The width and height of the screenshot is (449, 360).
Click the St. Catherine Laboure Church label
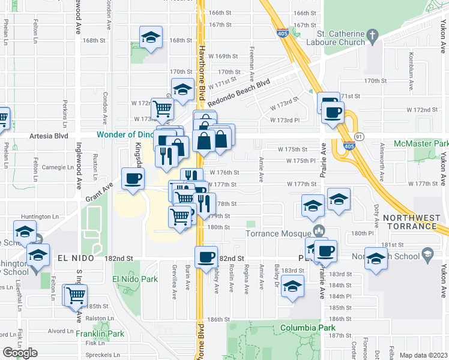point(340,37)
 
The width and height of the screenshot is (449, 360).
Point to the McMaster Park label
point(421,144)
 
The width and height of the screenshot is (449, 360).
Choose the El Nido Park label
point(134,279)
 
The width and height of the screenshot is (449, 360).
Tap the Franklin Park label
point(104,334)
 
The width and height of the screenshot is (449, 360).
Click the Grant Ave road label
point(100,191)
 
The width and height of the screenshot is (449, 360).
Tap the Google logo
point(20,353)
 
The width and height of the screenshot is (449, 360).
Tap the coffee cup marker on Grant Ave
point(133,178)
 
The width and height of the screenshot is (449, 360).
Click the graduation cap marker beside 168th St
point(151,37)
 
